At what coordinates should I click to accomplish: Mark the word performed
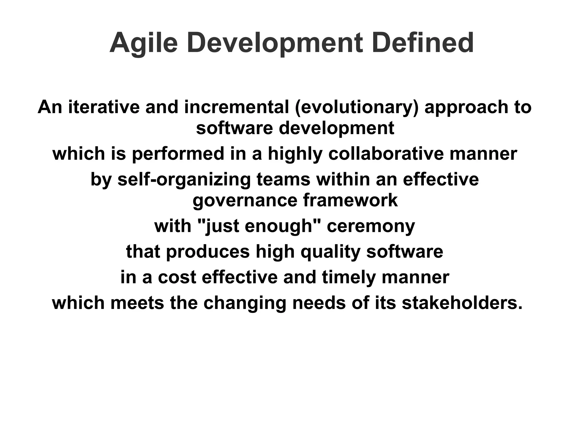[x=178, y=154]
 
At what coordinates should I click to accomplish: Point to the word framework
[x=350, y=200]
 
